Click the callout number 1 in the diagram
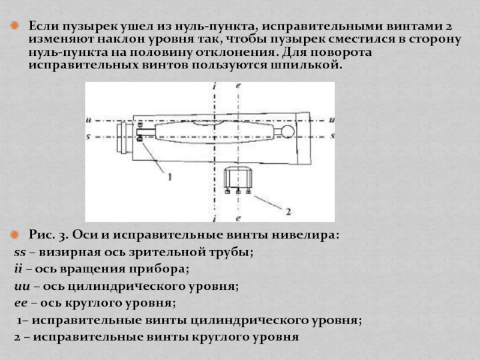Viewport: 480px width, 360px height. pos(169,177)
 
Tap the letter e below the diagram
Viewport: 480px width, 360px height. pos(238,217)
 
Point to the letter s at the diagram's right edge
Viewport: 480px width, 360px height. pos(332,136)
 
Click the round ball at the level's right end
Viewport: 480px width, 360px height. pos(288,131)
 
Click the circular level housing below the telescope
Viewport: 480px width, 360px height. pos(238,179)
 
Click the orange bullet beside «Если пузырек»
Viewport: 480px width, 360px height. pos(19,28)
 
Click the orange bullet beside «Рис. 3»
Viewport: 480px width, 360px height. pos(19,233)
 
